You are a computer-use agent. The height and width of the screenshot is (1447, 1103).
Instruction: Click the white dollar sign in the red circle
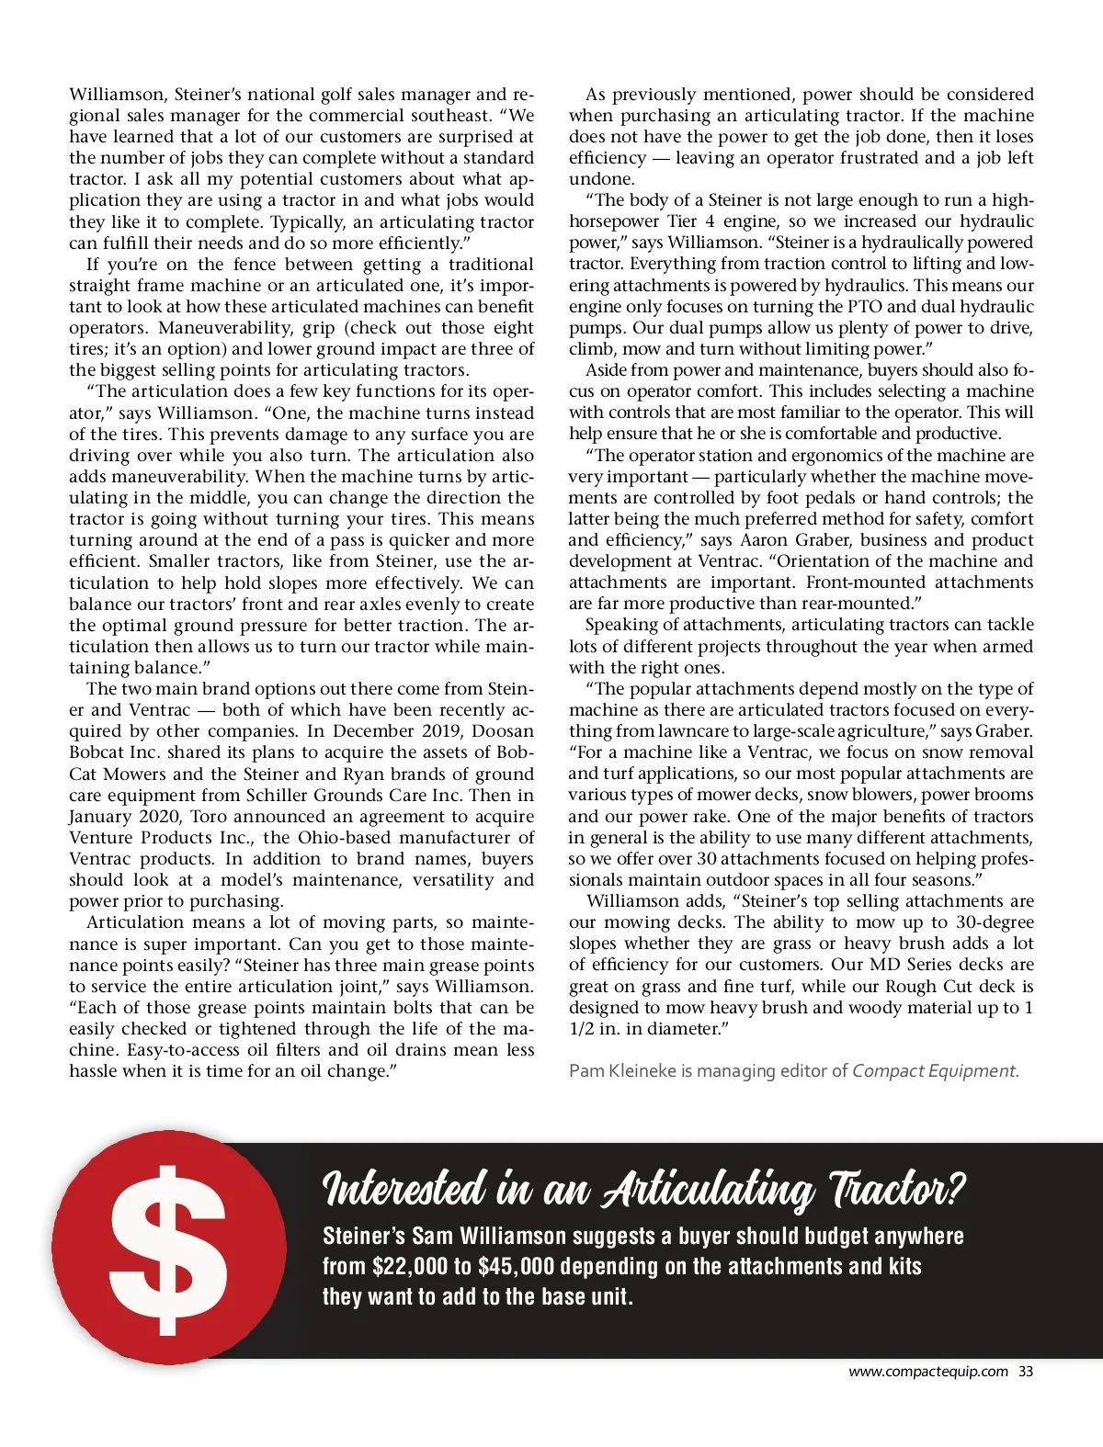(x=168, y=1249)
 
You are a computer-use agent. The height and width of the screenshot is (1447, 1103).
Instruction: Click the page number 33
(x=1026, y=1372)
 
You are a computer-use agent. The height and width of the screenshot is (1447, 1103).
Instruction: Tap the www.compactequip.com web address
(x=927, y=1372)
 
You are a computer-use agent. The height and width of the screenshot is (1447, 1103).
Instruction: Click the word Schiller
(x=278, y=795)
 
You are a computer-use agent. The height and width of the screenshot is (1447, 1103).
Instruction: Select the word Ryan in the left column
(x=363, y=774)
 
